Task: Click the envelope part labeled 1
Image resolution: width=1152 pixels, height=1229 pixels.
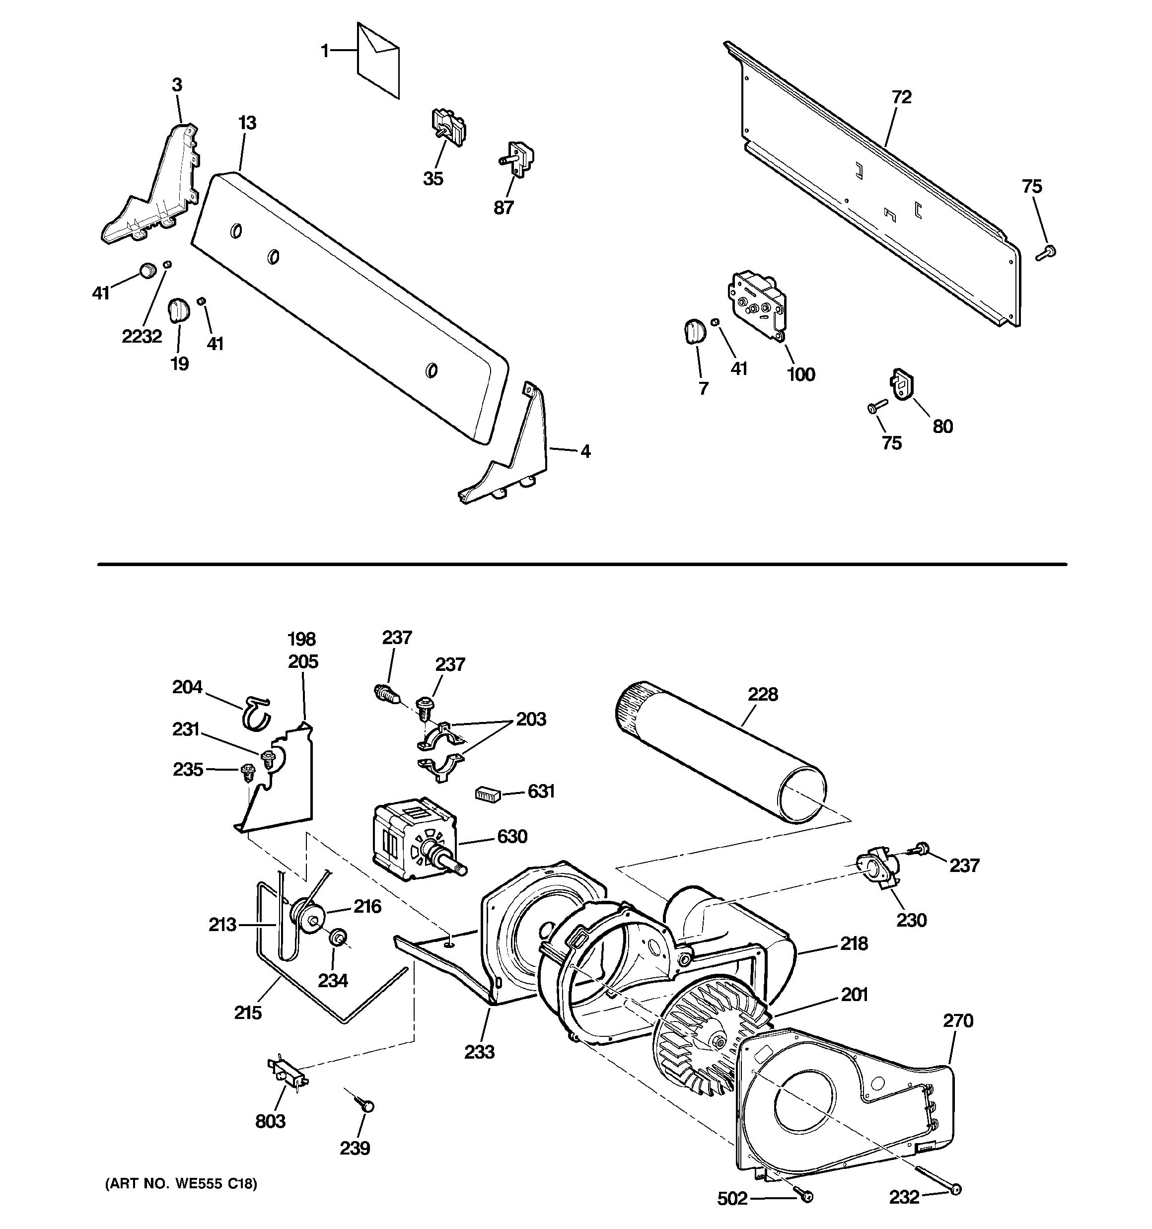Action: (x=378, y=60)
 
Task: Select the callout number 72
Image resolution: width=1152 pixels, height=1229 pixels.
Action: (x=902, y=97)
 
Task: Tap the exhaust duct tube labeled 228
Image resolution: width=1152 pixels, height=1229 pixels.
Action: (x=720, y=750)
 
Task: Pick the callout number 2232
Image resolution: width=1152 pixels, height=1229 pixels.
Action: (x=142, y=336)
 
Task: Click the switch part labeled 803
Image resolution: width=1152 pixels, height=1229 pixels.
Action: (x=288, y=1072)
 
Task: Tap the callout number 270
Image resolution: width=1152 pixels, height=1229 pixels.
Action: (x=958, y=1020)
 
